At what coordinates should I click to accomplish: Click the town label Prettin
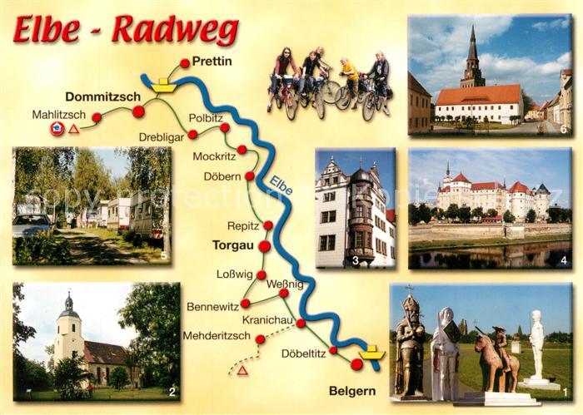pyautogui.click(x=212, y=61)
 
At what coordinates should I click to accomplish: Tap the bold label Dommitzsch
pyautogui.click(x=102, y=96)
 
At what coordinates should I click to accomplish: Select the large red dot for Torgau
pyautogui.click(x=264, y=246)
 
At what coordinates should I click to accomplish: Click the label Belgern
pyautogui.click(x=352, y=390)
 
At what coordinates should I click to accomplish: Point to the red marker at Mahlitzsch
pyautogui.click(x=97, y=118)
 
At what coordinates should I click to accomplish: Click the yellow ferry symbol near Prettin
pyautogui.click(x=164, y=85)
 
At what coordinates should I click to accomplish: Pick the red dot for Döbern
pyautogui.click(x=249, y=175)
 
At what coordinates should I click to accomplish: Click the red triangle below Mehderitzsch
pyautogui.click(x=242, y=370)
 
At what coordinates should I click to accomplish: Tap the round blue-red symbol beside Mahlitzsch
pyautogui.click(x=57, y=128)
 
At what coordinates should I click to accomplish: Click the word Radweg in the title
pyautogui.click(x=175, y=31)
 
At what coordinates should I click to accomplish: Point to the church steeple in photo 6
pyautogui.click(x=472, y=54)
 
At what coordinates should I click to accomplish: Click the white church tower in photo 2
pyautogui.click(x=68, y=333)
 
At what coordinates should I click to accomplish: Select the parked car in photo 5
pyautogui.click(x=32, y=225)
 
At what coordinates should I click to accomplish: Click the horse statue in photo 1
pyautogui.click(x=494, y=363)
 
